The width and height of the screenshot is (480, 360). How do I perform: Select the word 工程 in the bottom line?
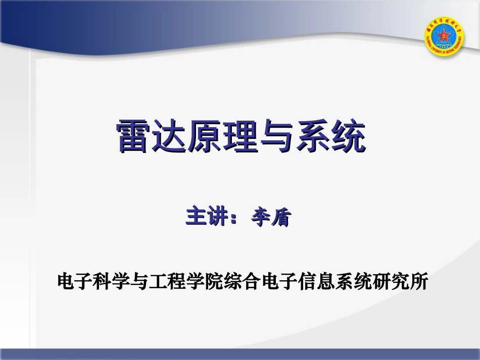pyautogui.click(x=159, y=281)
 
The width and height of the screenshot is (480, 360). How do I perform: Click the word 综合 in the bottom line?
pyautogui.click(x=243, y=281)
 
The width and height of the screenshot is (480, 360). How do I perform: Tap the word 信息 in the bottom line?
pyautogui.click(x=317, y=281)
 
